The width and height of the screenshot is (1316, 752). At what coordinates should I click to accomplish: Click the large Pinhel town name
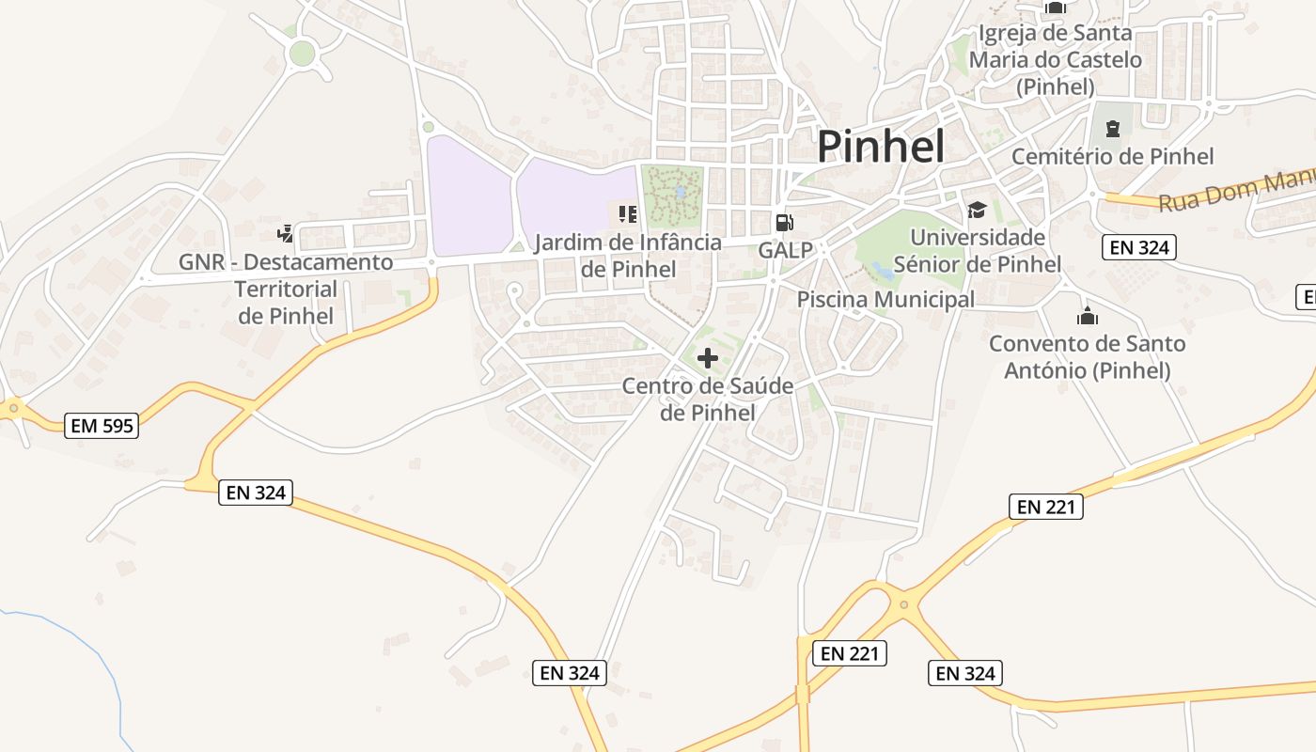[880, 148]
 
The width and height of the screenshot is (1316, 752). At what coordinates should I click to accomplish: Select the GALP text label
[786, 251]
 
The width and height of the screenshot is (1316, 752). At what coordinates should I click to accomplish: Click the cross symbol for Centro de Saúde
[708, 358]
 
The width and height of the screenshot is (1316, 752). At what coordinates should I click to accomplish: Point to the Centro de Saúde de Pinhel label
[708, 399]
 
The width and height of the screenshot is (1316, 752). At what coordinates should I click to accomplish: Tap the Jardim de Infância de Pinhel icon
[628, 214]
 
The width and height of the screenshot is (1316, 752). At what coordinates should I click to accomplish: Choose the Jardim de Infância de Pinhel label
[628, 256]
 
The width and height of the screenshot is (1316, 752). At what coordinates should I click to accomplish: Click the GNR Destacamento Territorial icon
[285, 233]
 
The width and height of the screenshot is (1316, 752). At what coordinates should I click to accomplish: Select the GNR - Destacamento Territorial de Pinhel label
[286, 289]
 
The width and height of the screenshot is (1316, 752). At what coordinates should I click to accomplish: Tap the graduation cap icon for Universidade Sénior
[977, 210]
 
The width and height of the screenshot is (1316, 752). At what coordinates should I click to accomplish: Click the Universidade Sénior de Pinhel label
[978, 251]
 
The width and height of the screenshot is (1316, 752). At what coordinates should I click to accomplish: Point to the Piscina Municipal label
[885, 300]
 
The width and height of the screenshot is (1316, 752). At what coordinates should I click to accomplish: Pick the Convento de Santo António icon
[1088, 316]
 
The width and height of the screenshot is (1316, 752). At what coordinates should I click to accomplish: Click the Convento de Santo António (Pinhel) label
[1088, 357]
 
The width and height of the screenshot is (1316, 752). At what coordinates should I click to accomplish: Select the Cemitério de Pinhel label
[1113, 156]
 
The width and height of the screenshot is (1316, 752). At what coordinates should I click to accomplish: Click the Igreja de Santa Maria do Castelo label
[1056, 60]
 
